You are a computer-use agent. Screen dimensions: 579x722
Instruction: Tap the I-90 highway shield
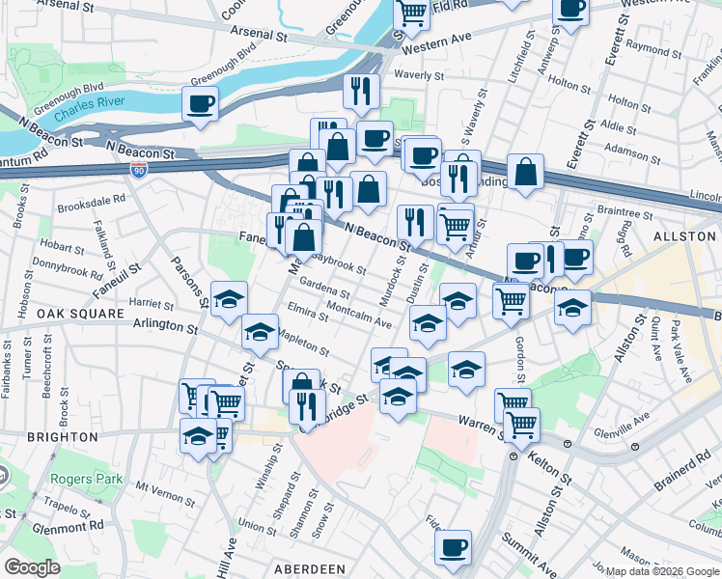tap(139, 169)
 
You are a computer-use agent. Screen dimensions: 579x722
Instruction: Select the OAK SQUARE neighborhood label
tap(80, 314)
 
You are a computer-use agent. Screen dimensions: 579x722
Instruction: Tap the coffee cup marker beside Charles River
tap(200, 104)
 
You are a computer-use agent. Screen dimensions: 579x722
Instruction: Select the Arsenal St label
tap(259, 33)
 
